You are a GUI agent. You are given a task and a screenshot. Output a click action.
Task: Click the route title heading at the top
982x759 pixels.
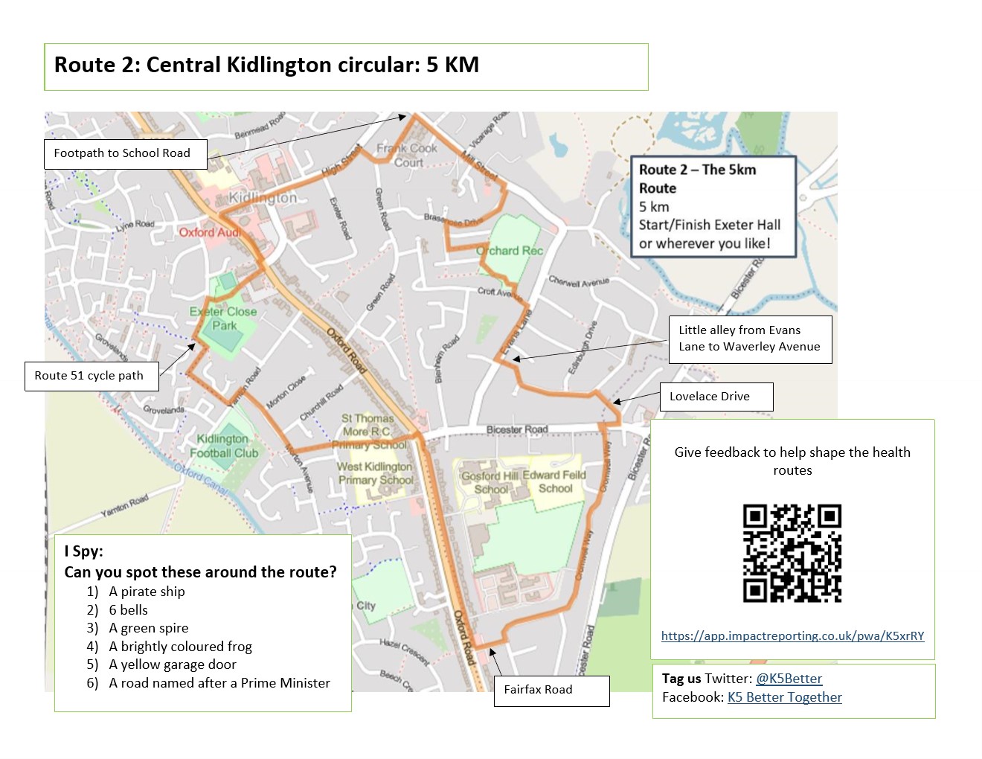click(x=266, y=65)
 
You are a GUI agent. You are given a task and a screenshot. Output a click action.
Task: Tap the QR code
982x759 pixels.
click(x=792, y=553)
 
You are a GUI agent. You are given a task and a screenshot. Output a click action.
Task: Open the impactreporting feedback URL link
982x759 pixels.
click(x=792, y=636)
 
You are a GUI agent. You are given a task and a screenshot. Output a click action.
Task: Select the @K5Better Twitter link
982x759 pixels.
click(x=789, y=679)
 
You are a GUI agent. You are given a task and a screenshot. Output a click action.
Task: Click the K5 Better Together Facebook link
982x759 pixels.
click(x=784, y=697)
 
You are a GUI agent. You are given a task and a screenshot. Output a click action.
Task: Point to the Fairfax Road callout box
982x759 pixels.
click(x=551, y=691)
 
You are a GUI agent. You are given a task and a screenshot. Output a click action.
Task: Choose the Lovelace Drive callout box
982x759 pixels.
click(x=716, y=397)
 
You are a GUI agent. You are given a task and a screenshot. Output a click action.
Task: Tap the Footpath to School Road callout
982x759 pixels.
click(x=123, y=153)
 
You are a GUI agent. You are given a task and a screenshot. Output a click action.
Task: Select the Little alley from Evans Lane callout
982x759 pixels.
click(x=750, y=339)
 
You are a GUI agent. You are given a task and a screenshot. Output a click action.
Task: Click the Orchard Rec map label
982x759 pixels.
click(x=510, y=251)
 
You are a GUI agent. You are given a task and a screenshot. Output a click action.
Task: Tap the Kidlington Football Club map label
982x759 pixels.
click(x=223, y=446)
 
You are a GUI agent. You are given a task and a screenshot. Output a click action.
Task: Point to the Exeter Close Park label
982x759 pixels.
click(x=223, y=318)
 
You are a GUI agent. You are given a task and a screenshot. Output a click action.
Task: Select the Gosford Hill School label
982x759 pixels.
click(x=490, y=482)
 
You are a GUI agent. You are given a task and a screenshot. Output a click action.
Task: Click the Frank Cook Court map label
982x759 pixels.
click(x=407, y=155)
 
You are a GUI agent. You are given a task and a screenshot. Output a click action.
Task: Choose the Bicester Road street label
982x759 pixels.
click(x=517, y=429)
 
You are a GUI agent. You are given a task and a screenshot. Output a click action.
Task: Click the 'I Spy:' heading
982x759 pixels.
click(x=83, y=551)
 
